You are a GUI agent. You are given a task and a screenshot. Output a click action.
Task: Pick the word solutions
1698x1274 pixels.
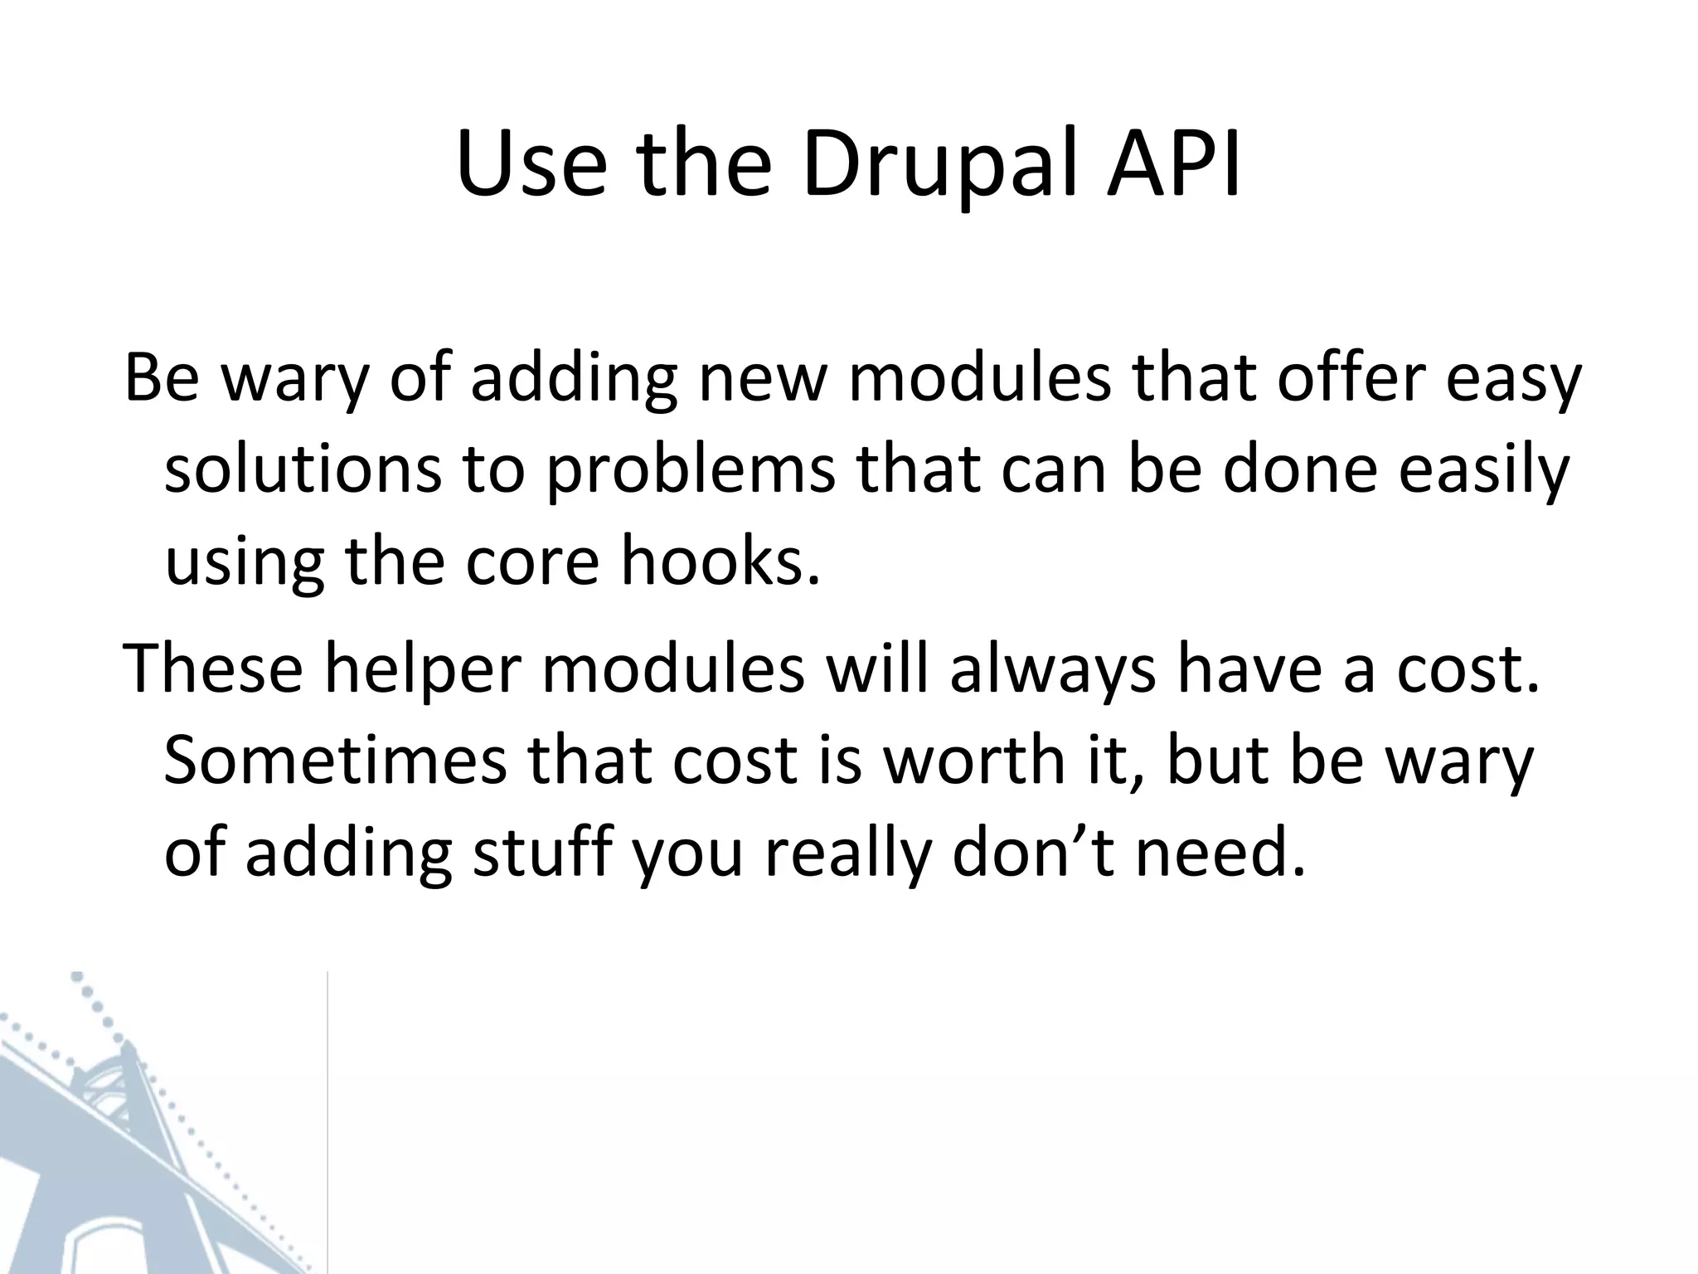(303, 471)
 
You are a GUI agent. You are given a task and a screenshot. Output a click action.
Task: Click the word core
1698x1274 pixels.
(531, 564)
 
